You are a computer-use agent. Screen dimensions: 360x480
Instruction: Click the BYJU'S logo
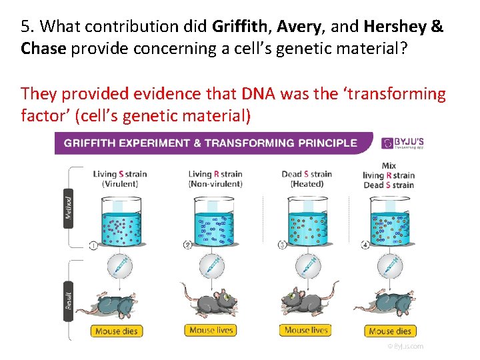(x=402, y=143)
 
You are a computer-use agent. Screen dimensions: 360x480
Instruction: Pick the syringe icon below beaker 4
(x=390, y=267)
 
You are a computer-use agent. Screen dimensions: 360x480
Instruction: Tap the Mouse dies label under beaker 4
(x=391, y=331)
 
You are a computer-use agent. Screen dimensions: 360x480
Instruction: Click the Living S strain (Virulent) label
(x=120, y=179)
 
